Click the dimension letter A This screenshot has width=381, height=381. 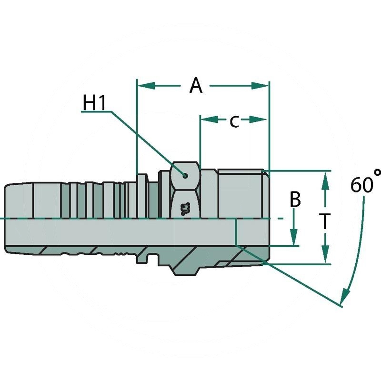(x=196, y=86)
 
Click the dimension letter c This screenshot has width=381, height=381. (x=234, y=121)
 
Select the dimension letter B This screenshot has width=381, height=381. (x=295, y=200)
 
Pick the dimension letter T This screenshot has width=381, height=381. (x=325, y=221)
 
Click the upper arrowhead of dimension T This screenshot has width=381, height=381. (x=325, y=179)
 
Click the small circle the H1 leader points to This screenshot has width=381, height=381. (x=185, y=175)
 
